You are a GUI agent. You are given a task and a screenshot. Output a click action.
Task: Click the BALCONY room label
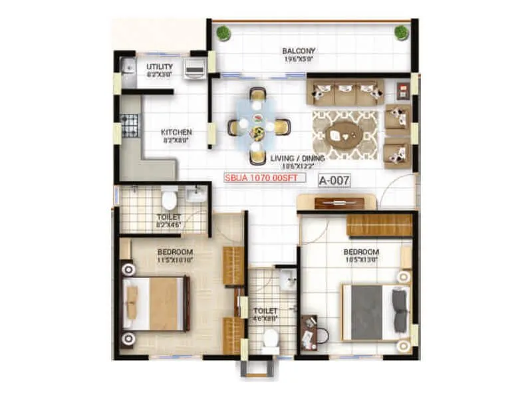click(298, 51)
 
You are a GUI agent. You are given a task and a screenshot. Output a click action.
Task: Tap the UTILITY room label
click(160, 66)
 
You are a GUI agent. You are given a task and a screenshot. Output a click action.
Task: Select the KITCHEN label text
click(177, 132)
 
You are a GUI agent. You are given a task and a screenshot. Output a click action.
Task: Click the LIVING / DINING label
click(297, 158)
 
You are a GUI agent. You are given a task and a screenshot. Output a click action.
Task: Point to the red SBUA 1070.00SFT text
click(264, 178)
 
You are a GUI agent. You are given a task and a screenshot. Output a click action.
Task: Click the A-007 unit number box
click(334, 180)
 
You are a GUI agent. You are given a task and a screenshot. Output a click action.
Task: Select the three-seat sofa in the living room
click(342, 93)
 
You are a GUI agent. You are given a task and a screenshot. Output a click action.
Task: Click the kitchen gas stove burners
click(129, 124)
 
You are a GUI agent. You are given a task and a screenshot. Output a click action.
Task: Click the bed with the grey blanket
click(374, 312)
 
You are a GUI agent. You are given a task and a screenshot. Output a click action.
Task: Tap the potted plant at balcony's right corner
click(401, 32)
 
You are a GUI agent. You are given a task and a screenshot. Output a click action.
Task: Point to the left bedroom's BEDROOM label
click(175, 252)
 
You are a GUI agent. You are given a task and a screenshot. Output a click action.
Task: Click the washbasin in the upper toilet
click(196, 194)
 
